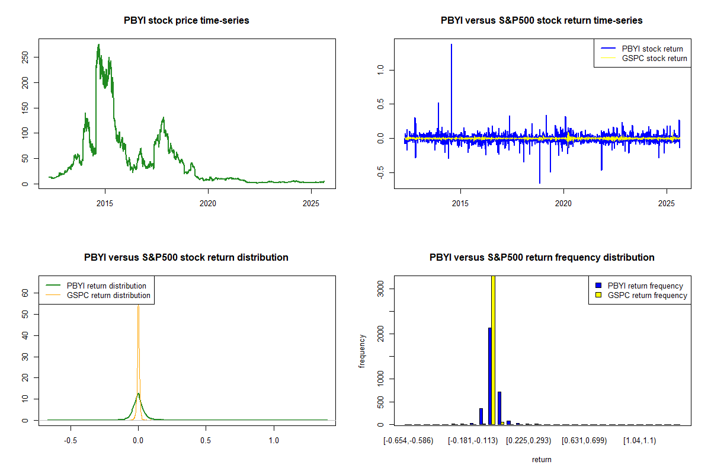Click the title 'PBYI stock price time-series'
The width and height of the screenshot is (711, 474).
[x=186, y=21]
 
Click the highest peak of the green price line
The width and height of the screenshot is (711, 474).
[x=98, y=44]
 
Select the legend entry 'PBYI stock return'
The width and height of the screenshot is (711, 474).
[x=652, y=49]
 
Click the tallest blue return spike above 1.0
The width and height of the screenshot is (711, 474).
[x=451, y=44]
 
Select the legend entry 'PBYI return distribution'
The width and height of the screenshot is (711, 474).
[x=107, y=286]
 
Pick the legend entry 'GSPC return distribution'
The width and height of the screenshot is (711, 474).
[x=108, y=295]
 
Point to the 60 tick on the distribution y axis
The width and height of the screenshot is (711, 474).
[x=25, y=293]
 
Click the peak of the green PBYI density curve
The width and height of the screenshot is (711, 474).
[x=138, y=393]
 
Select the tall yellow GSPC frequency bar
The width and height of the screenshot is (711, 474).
[x=494, y=350]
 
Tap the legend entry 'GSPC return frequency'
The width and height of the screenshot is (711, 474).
[x=648, y=295]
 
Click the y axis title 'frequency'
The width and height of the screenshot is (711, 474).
[x=363, y=350]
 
